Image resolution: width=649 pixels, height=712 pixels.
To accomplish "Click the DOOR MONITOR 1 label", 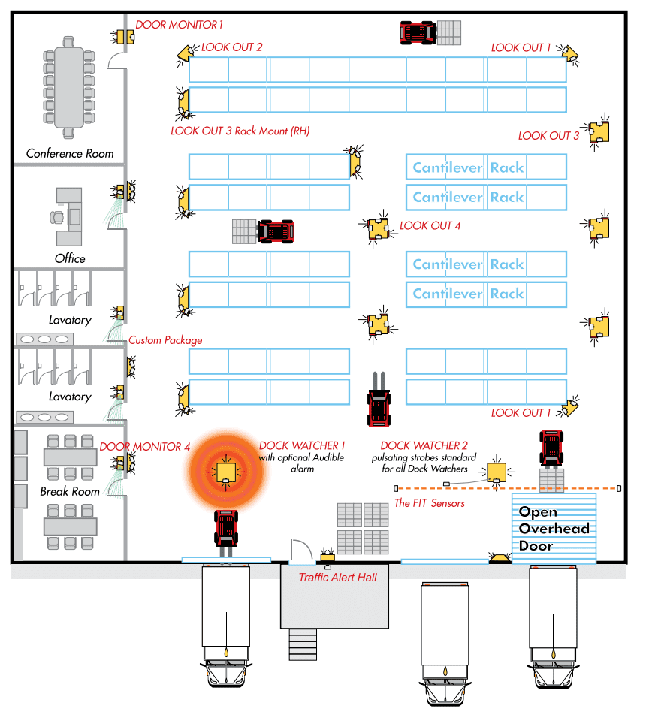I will point(179,25).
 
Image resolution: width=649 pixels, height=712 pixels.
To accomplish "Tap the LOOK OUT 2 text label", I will point(231,47).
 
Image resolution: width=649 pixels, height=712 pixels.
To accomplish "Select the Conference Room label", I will point(70,153).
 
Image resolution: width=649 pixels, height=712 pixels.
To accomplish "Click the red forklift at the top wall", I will point(418,32).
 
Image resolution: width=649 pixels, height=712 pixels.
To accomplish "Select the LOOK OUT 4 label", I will point(430,225).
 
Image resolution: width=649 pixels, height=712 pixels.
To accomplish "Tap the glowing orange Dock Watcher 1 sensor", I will point(226,472).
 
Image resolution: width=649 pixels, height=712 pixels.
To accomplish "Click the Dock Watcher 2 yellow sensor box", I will point(496,473).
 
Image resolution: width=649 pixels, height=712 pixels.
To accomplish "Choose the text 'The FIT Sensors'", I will point(429,503).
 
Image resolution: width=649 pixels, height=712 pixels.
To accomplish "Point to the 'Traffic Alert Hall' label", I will point(337,578).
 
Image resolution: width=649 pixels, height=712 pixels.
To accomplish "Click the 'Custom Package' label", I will point(165,340).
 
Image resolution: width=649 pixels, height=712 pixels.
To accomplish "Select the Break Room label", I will point(70,491).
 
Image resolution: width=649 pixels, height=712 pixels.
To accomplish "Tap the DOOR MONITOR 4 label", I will point(144,447).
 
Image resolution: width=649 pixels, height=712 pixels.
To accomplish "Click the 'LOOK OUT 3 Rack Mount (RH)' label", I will point(240,131).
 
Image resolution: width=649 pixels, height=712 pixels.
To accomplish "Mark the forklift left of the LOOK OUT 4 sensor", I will point(275,231).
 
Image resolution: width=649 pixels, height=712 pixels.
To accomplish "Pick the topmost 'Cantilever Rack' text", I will point(468,167).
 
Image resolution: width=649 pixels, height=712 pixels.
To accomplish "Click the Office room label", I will point(70,258).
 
